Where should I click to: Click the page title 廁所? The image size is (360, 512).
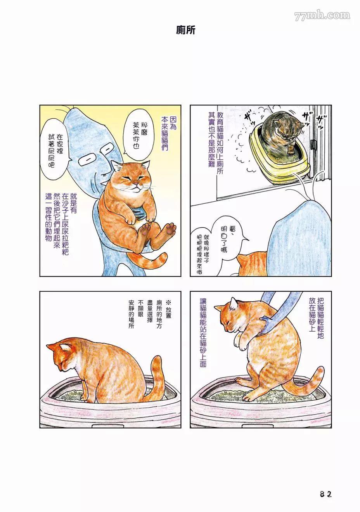[x=185, y=30]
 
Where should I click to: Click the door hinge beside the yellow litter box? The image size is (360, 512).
[x=314, y=144]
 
